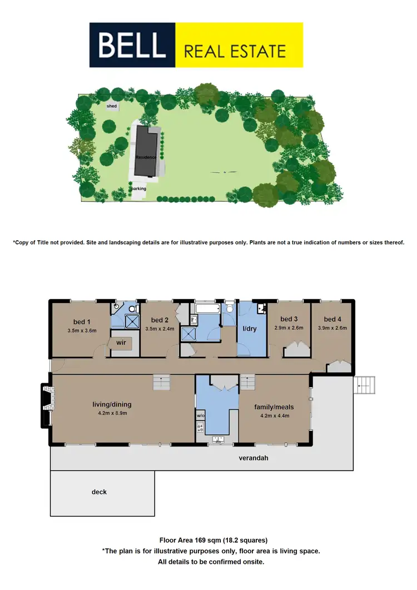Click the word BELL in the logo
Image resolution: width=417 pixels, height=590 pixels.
132,44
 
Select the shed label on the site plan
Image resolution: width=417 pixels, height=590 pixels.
112,106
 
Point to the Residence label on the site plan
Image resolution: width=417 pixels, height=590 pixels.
146,157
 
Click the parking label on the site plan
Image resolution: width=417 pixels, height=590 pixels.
138,189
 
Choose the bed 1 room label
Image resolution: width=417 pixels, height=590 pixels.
82,321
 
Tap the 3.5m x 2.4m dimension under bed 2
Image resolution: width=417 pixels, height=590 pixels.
160,329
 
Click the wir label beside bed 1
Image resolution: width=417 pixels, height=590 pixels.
121,343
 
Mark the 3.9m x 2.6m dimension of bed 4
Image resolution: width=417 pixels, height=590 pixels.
332,328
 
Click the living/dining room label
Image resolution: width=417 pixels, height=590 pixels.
112,404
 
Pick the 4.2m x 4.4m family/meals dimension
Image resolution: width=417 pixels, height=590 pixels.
274,415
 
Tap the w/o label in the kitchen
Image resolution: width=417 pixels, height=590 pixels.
200,415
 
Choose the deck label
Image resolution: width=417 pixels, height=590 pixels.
99,492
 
